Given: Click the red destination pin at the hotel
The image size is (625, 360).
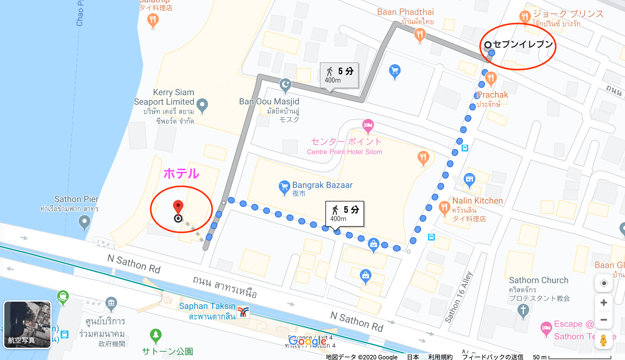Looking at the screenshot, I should [178, 206].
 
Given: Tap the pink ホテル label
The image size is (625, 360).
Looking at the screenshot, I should [181, 174].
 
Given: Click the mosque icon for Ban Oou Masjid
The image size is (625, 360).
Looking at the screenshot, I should [285, 84].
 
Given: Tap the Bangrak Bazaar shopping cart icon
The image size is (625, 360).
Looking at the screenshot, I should [284, 186].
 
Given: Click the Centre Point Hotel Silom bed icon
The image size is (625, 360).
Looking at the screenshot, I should [368, 125].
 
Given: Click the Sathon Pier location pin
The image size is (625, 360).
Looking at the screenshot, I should [84, 221].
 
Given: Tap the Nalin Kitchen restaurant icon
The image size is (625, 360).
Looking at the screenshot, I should [444, 207].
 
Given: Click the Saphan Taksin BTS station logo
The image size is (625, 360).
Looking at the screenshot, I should [243, 312].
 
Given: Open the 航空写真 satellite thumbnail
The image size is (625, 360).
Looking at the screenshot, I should [27, 324].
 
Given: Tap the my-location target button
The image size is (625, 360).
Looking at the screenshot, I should [604, 283].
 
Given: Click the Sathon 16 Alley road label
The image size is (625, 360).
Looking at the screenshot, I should [458, 297].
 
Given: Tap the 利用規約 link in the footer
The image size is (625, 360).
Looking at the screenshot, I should [440, 357].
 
